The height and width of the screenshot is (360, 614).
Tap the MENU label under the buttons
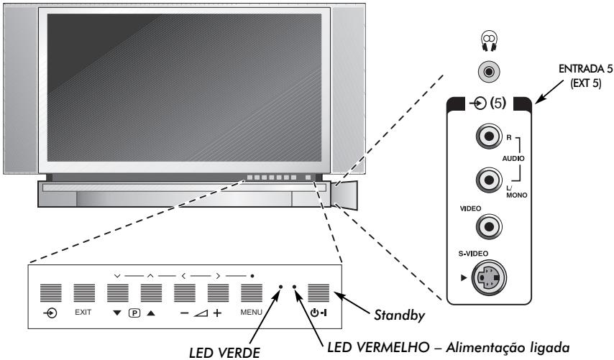click(251, 313)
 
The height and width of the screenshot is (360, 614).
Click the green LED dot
click(281, 287)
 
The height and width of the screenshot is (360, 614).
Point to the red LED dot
click(295, 287)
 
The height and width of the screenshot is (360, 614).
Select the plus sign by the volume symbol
click(217, 313)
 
